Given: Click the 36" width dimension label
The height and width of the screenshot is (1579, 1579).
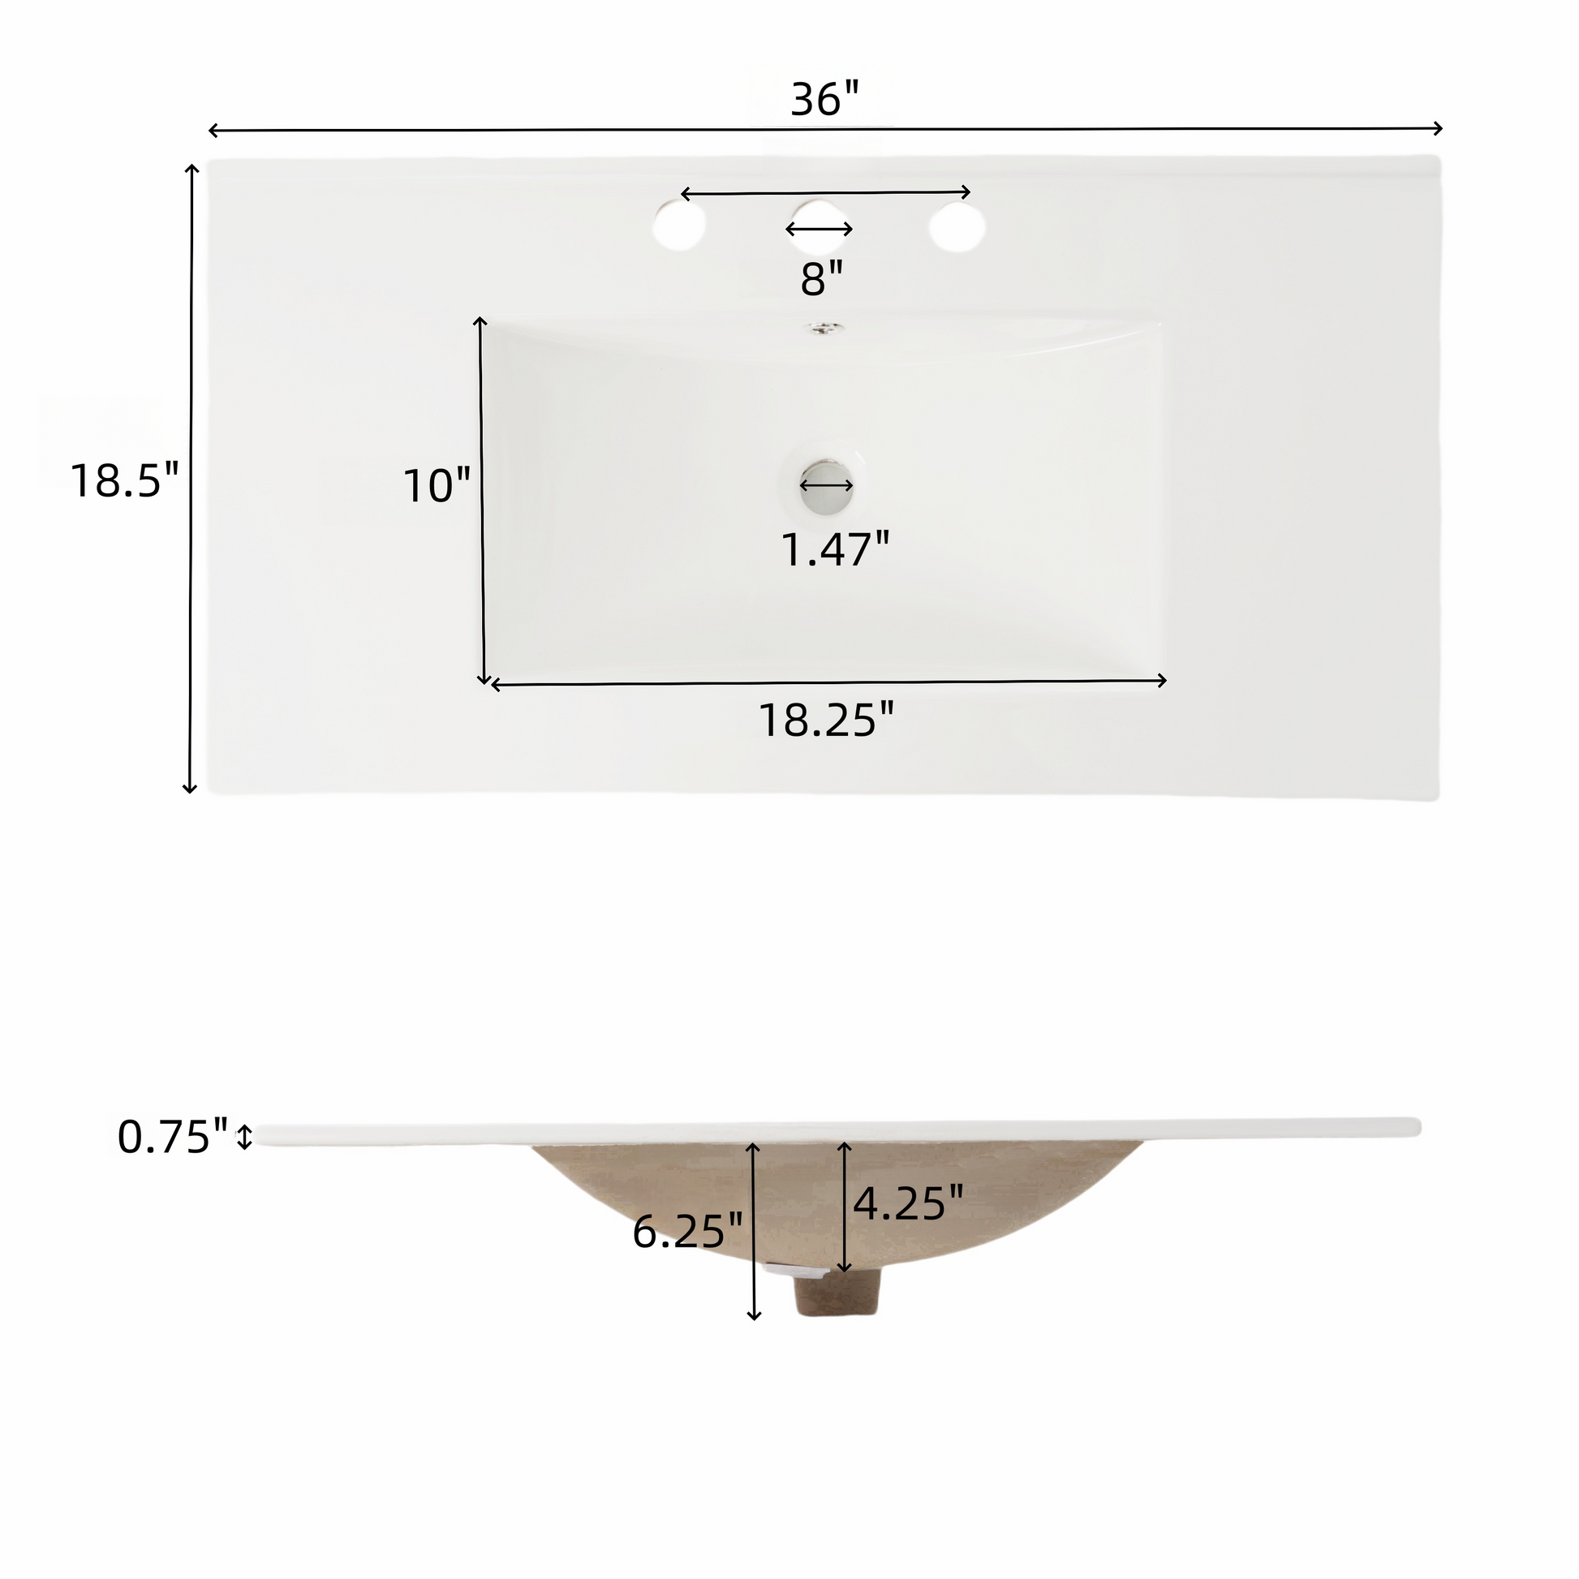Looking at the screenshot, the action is point(824,101).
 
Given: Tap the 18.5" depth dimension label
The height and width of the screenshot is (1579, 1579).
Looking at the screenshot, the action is point(123,480).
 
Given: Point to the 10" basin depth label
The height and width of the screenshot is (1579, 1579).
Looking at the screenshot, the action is point(437,485).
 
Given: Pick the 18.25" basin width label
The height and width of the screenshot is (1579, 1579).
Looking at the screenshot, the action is point(826,720).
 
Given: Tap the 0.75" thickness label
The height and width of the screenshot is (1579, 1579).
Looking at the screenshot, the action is point(173,1137).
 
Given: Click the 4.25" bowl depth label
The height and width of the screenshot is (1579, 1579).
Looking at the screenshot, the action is point(908,1203).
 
